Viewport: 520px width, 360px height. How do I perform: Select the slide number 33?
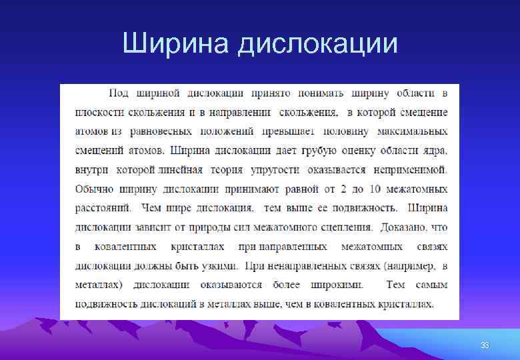click(x=485, y=345)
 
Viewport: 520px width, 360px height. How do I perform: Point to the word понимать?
click(x=313, y=93)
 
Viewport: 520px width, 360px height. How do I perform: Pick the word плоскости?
click(x=98, y=112)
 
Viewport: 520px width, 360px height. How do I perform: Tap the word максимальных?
click(x=413, y=131)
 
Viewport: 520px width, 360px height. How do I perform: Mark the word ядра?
click(x=433, y=151)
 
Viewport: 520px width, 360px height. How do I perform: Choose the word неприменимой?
click(x=411, y=170)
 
